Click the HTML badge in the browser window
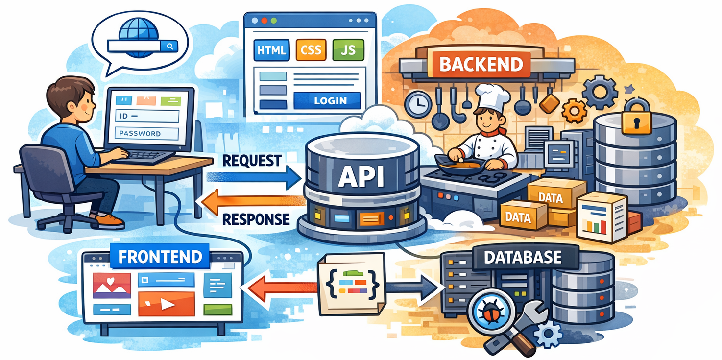pyautogui.click(x=271, y=50)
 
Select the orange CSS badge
pyautogui.click(x=311, y=50)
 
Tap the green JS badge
pyautogui.click(x=348, y=50)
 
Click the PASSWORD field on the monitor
pyautogui.click(x=146, y=133)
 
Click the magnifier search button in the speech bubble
pyautogui.click(x=169, y=46)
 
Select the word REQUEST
pyautogui.click(x=252, y=161)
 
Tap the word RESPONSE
pyautogui.click(x=256, y=219)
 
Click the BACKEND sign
pyautogui.click(x=481, y=64)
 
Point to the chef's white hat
pyautogui.click(x=492, y=96)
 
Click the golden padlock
pyautogui.click(x=637, y=117)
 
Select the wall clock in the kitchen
pyautogui.click(x=418, y=104)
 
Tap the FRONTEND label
pyautogui.click(x=160, y=257)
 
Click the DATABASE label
pyautogui.click(x=523, y=257)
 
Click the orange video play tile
pyautogui.click(x=167, y=304)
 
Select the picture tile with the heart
pyautogui.click(x=112, y=286)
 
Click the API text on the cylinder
pyautogui.click(x=361, y=176)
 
